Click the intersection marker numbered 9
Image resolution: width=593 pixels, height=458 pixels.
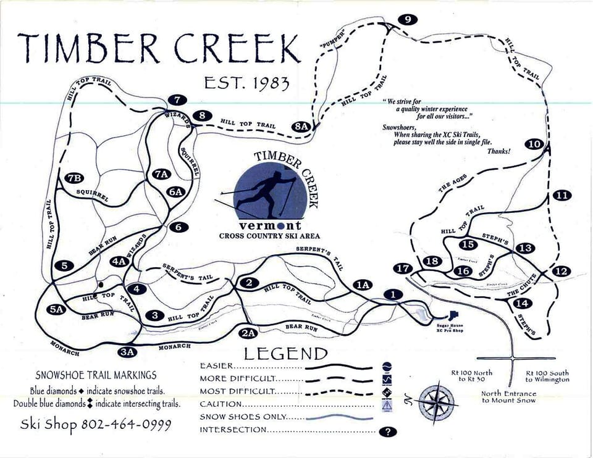click(x=406, y=20)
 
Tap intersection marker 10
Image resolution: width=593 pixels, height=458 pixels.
click(x=535, y=144)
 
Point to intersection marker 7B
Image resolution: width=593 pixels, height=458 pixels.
click(x=75, y=179)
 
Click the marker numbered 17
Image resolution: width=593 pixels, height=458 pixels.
click(x=403, y=269)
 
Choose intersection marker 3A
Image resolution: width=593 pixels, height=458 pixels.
click(x=127, y=352)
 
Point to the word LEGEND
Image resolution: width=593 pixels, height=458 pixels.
click(x=285, y=354)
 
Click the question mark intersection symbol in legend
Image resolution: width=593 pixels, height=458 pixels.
click(x=387, y=432)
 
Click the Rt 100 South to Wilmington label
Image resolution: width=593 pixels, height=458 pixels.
click(x=547, y=377)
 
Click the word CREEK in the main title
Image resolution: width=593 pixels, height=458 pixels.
click(x=231, y=47)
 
